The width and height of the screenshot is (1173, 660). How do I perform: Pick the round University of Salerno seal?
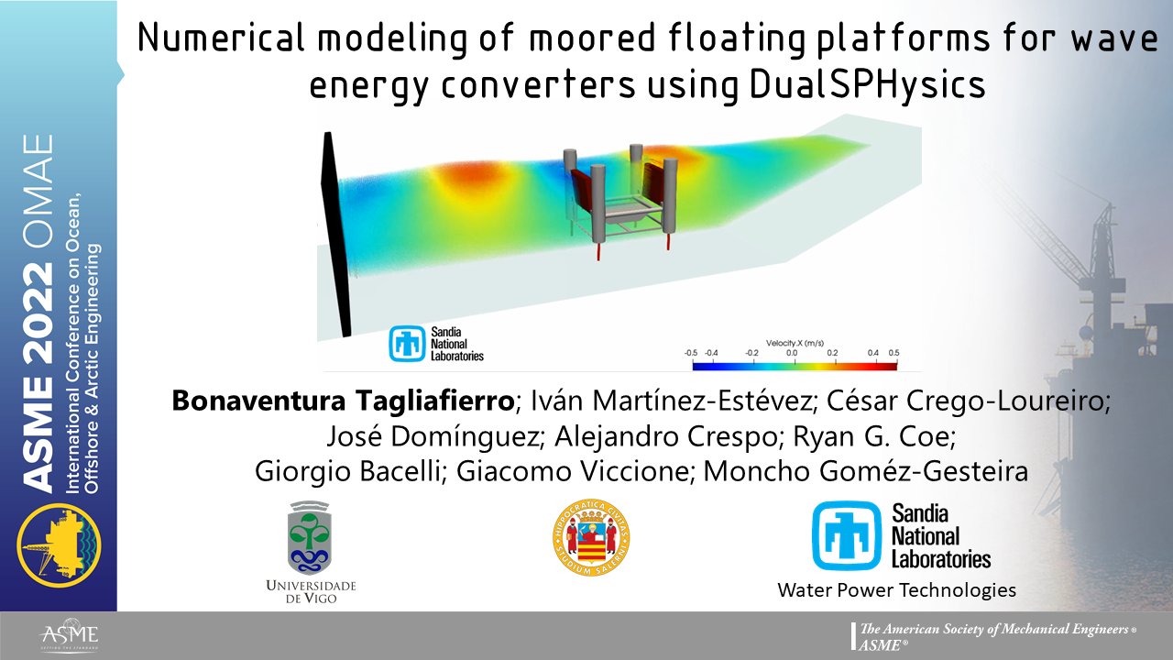[591, 538]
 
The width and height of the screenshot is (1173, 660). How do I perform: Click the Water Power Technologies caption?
[896, 590]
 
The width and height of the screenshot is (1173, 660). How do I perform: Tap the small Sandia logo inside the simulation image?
[436, 343]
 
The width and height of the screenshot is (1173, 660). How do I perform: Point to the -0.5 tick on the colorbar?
[692, 352]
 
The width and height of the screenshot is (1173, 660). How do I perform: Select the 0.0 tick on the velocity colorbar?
[793, 352]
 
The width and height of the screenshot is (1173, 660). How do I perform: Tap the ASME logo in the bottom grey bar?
[69, 636]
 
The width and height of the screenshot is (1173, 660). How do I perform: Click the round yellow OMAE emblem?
[60, 543]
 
